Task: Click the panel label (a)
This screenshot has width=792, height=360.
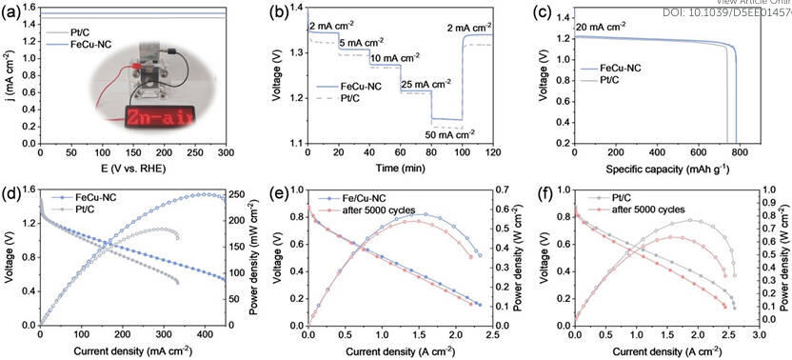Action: tap(12, 12)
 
